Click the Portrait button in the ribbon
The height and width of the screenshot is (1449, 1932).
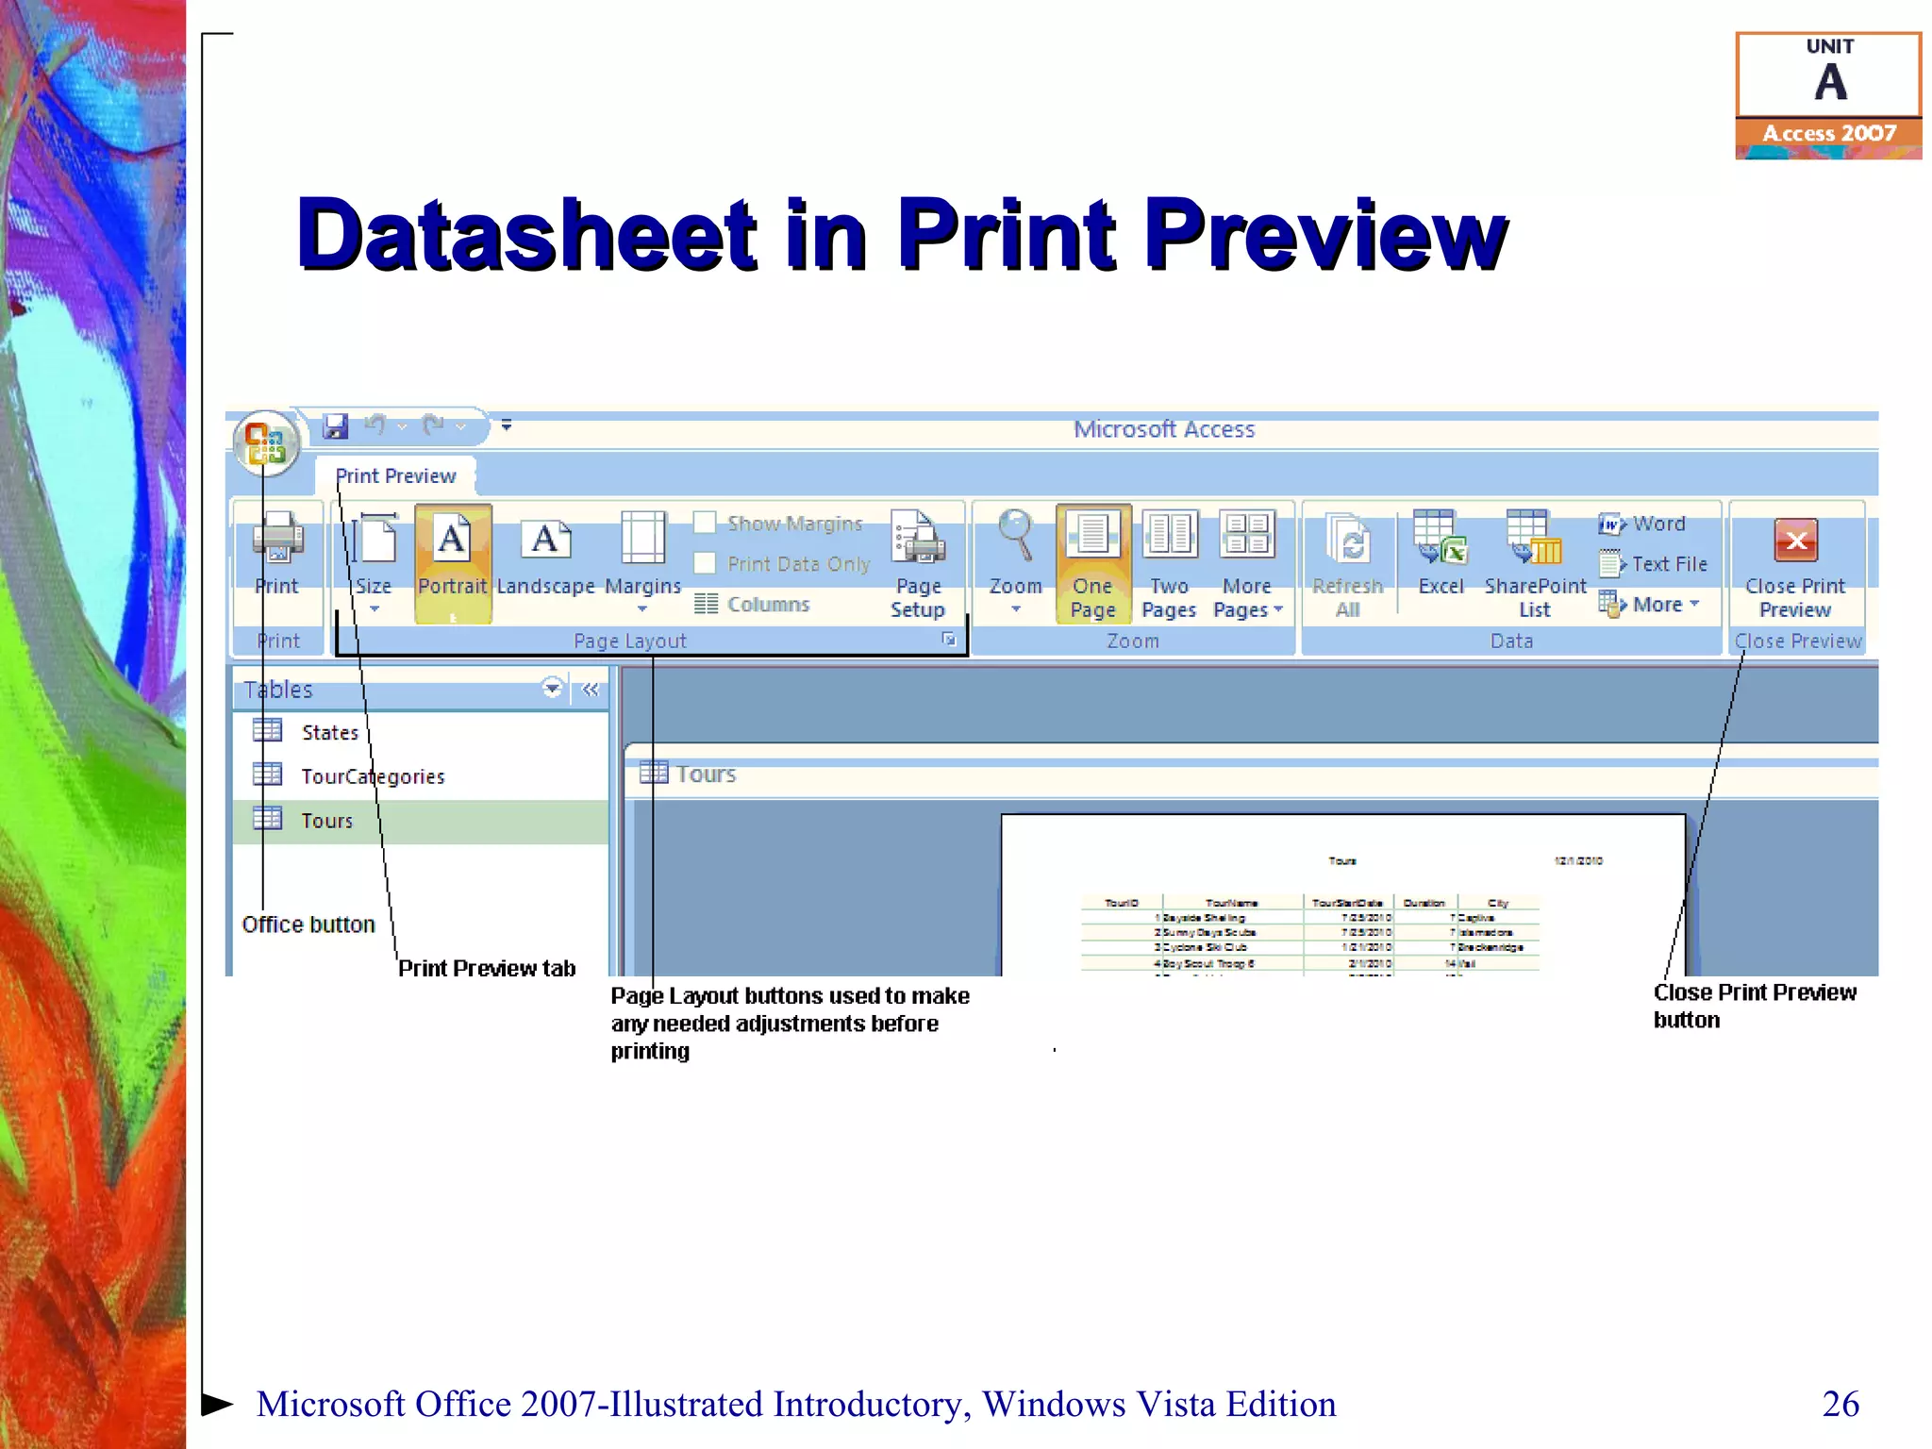453,562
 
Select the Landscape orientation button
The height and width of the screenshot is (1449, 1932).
545,562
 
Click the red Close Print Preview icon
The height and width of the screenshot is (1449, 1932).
1796,541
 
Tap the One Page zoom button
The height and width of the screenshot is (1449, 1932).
1092,562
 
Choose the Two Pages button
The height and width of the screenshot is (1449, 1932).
1169,562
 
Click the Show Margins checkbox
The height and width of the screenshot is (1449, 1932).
705,523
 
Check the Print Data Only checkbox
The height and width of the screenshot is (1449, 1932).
705,563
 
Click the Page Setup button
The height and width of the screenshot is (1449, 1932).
917,562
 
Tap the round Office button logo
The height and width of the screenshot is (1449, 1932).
266,441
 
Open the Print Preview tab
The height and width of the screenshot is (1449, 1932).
395,476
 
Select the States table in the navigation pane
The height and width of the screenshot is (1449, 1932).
329,732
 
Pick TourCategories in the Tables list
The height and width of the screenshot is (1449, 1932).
372,776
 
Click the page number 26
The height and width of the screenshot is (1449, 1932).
1840,1404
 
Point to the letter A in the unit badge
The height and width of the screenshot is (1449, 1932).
1830,83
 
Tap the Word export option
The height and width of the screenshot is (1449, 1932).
1657,524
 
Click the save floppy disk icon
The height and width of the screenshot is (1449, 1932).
335,426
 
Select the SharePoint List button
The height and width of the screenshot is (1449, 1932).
1535,562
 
